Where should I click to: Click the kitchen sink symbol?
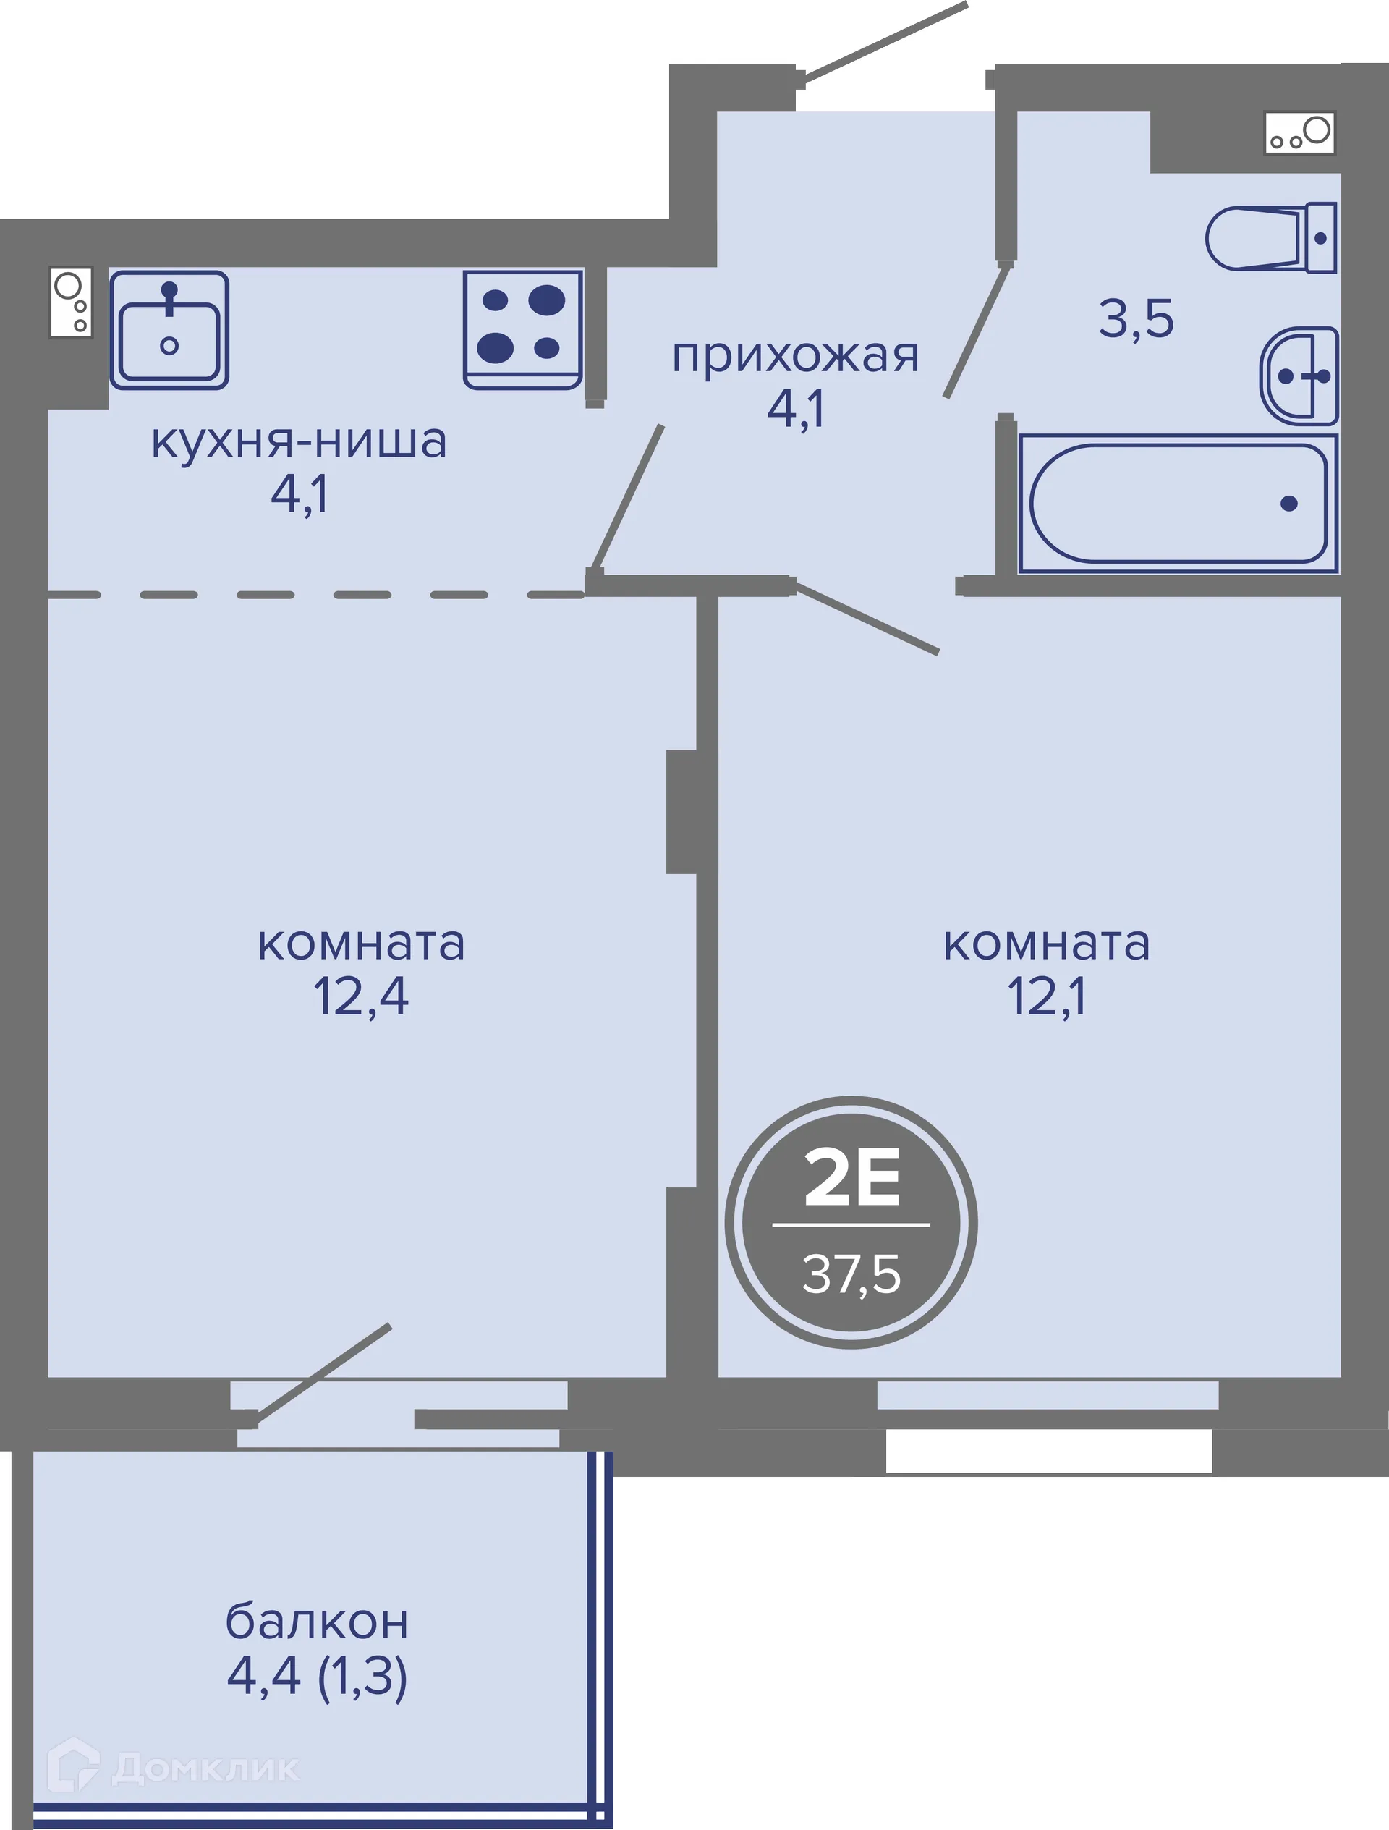(x=169, y=329)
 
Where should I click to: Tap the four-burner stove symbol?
(x=522, y=329)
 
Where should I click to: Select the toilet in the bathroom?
(x=1269, y=238)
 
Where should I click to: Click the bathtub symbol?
(x=1178, y=503)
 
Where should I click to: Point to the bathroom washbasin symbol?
(x=1299, y=376)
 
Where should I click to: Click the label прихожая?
(x=795, y=357)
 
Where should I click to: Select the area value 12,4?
(x=361, y=997)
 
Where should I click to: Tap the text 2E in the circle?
(x=851, y=1179)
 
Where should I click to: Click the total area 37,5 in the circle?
(x=851, y=1274)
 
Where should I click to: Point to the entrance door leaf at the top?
(x=883, y=43)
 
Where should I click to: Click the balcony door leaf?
(x=323, y=1374)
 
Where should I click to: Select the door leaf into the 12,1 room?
(x=866, y=619)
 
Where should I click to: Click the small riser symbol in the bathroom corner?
(x=1299, y=132)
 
